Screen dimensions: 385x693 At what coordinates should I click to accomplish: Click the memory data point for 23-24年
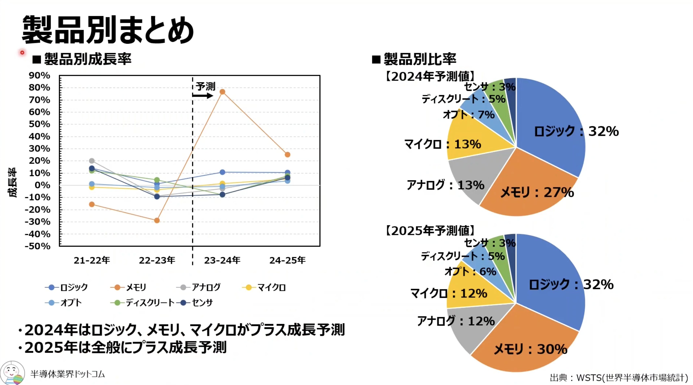[x=222, y=92]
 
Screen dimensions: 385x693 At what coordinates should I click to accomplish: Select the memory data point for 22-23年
[x=157, y=221]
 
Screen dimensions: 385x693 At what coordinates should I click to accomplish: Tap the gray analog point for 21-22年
[x=92, y=161]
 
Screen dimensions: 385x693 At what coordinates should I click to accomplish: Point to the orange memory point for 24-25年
[x=287, y=155]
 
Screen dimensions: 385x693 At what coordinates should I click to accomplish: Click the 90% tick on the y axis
[x=39, y=76]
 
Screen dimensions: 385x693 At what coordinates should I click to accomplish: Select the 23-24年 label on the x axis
[x=222, y=260]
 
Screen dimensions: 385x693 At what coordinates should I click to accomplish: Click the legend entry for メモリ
[x=129, y=287]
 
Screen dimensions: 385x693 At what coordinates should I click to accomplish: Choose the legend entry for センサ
[x=195, y=303]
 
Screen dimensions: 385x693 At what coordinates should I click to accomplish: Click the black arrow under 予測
[x=203, y=96]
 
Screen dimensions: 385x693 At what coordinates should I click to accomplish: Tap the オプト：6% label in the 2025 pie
[x=470, y=272]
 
